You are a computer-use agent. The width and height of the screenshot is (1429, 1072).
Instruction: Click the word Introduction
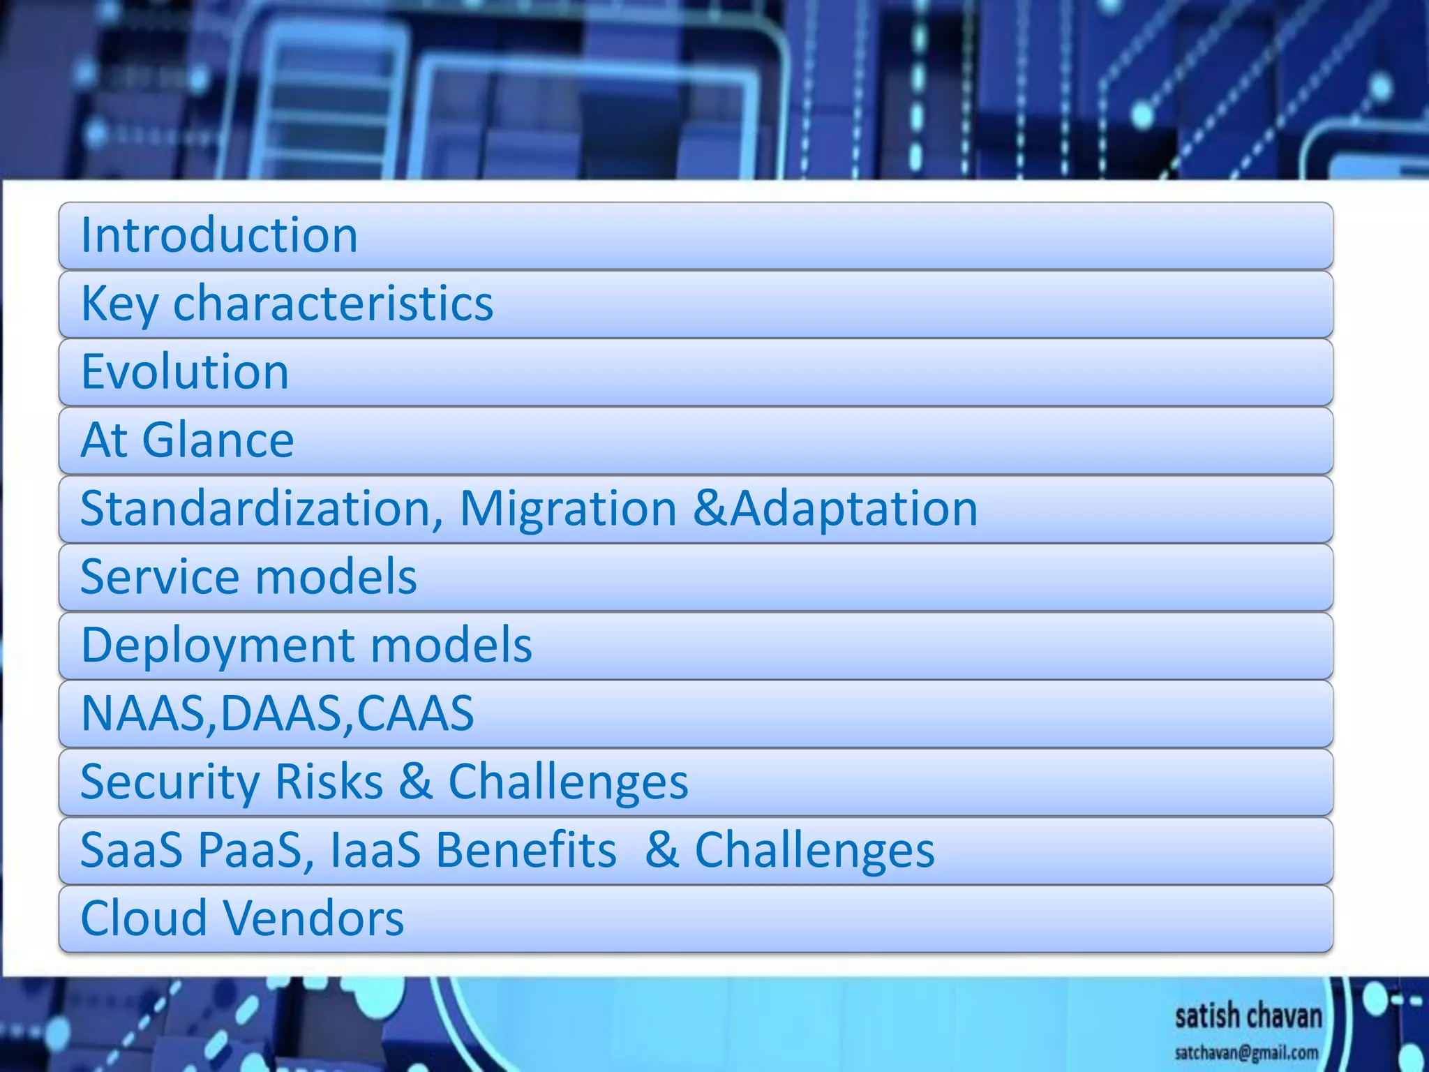pyautogui.click(x=219, y=235)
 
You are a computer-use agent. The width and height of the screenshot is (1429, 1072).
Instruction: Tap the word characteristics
pyautogui.click(x=333, y=304)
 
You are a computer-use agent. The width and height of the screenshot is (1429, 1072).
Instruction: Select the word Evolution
pyautogui.click(x=185, y=371)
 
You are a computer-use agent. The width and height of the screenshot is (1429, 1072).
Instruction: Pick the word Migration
pyautogui.click(x=568, y=508)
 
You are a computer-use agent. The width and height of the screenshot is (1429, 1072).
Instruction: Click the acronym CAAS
pyautogui.click(x=414, y=713)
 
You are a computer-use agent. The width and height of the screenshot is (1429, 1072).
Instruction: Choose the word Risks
pyautogui.click(x=329, y=782)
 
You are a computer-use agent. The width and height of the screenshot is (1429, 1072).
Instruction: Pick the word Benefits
pyautogui.click(x=526, y=850)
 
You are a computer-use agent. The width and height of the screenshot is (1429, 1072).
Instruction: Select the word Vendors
pyautogui.click(x=315, y=918)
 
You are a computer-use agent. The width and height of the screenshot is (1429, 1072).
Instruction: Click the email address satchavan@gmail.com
pyautogui.click(x=1246, y=1052)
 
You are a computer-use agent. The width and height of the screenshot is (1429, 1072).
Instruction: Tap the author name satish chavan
pyautogui.click(x=1248, y=1016)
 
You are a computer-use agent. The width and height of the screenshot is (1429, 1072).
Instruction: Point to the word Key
pyautogui.click(x=119, y=304)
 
